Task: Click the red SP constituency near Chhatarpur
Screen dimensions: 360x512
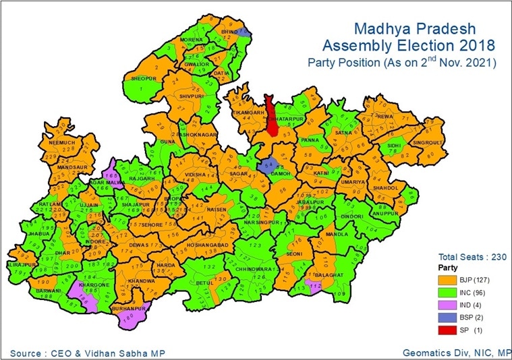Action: point(272,116)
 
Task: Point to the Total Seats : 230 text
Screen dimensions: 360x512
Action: point(467,256)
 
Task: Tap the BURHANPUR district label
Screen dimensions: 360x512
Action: point(127,308)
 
